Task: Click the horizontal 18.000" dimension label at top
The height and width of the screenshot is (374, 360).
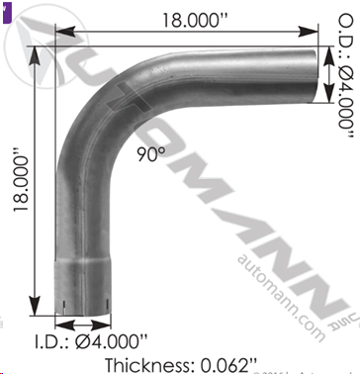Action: coord(196,21)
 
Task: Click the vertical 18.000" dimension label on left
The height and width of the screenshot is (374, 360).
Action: coord(21,185)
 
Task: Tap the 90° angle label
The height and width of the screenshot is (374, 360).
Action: coord(151,154)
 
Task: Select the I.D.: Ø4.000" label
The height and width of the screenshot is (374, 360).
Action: coord(91,341)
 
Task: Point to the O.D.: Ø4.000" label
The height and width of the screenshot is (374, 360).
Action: coord(346,76)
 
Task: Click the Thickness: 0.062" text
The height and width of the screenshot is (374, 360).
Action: coord(181,365)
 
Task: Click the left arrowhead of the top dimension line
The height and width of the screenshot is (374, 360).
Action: coord(65,32)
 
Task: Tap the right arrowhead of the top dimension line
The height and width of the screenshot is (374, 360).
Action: coord(308,32)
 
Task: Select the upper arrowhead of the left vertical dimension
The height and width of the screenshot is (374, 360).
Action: coord(35,56)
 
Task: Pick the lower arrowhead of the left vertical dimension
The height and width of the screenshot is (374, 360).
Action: coord(35,306)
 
